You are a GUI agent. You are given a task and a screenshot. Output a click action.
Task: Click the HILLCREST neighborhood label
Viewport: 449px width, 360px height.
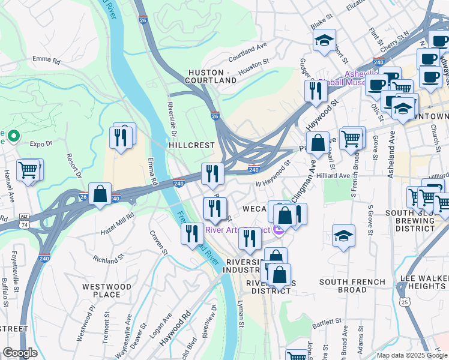(191, 145)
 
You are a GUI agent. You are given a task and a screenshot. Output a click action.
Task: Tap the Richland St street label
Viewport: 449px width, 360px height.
(109, 258)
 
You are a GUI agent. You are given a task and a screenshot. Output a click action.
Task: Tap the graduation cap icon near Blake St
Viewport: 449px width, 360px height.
(324, 40)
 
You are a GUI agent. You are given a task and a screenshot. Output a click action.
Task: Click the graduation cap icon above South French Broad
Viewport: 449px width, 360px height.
(343, 235)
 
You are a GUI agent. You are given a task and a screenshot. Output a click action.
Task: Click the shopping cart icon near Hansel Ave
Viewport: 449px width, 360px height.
(28, 170)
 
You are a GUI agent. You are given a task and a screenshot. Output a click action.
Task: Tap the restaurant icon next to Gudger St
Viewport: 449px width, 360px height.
(315, 91)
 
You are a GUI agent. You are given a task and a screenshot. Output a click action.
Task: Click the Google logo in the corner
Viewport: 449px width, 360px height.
(20, 352)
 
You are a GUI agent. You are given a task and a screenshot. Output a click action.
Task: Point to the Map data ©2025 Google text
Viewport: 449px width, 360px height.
(411, 355)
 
